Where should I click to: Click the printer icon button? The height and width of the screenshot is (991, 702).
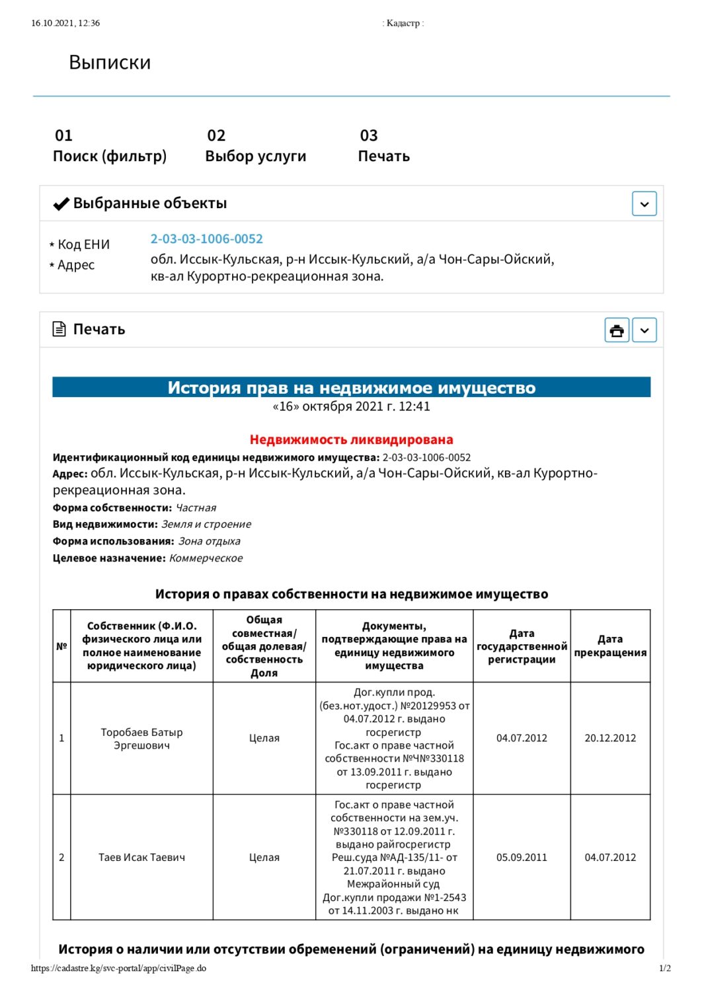(617, 330)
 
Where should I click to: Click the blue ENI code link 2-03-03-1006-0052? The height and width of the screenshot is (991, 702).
(206, 239)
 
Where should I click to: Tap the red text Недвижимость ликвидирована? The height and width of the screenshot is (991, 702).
(351, 439)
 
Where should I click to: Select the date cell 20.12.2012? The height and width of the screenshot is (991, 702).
(610, 738)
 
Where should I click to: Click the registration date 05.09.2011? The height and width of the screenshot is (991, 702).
(522, 857)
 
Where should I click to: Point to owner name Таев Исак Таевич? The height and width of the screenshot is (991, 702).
(141, 857)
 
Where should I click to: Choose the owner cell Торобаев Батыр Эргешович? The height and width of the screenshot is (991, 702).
(141, 739)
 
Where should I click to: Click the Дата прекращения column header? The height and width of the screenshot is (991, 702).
(610, 645)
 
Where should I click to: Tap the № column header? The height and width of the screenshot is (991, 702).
(61, 645)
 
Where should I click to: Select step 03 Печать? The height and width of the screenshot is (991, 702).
(383, 147)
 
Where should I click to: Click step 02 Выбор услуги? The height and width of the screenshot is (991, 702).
(255, 147)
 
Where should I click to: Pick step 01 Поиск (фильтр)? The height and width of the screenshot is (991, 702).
(110, 147)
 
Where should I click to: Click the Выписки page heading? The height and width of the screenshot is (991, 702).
(110, 62)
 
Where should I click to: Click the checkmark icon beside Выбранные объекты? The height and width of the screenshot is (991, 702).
(61, 203)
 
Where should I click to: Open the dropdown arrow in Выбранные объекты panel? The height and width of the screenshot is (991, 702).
(644, 203)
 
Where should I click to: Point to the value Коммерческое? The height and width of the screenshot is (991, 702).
(206, 558)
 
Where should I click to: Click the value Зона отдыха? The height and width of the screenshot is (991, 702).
(209, 541)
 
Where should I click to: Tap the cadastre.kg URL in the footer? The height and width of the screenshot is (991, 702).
(118, 968)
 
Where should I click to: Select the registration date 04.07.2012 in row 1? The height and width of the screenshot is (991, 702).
(522, 738)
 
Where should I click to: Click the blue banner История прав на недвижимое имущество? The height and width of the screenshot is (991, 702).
(351, 387)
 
